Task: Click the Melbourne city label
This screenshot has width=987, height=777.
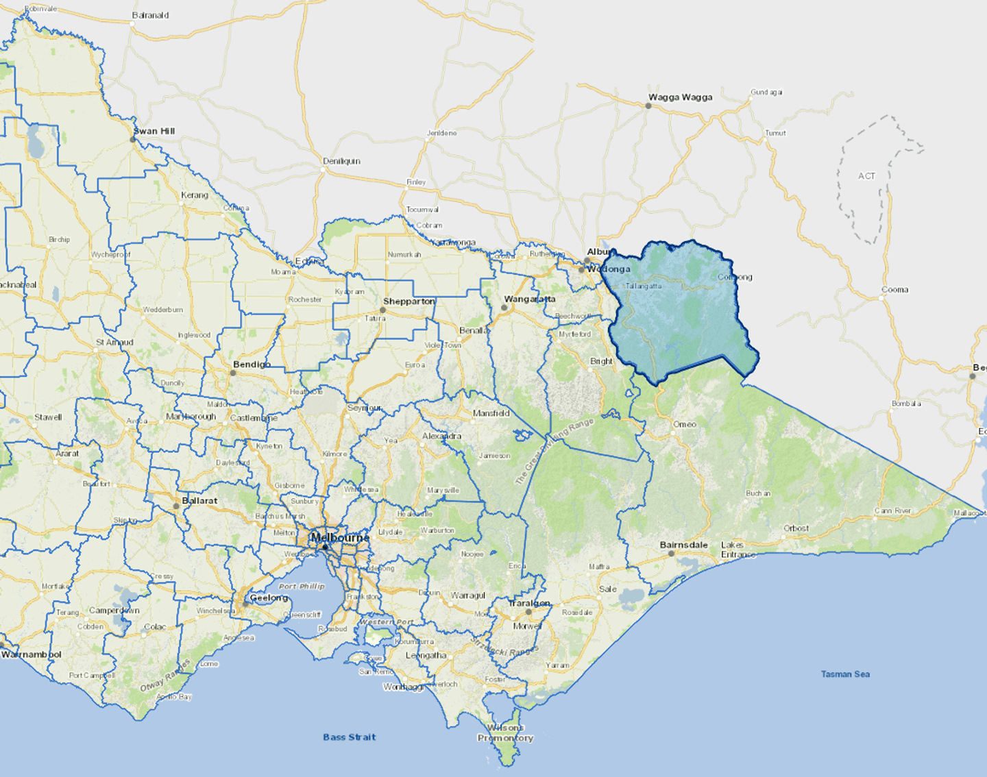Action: (340, 538)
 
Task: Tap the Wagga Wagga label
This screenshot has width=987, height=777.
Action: (681, 97)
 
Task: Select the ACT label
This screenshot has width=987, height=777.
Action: (866, 176)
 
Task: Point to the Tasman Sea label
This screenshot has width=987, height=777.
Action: (845, 674)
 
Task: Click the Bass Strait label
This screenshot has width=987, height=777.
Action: (350, 737)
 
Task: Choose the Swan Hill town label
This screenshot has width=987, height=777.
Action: (154, 131)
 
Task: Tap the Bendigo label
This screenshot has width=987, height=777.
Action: (252, 365)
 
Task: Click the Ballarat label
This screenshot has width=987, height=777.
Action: (199, 501)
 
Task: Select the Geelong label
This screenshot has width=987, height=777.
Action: (269, 598)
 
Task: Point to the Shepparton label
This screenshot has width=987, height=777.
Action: (409, 301)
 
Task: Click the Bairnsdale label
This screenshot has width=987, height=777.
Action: (683, 545)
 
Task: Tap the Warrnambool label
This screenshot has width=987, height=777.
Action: (32, 654)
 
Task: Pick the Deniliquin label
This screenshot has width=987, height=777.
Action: (341, 161)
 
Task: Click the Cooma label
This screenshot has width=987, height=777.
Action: (894, 290)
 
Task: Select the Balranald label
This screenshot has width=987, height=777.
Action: (150, 15)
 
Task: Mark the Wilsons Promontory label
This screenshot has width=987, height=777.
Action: (505, 732)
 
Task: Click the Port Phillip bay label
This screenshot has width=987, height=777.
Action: (302, 587)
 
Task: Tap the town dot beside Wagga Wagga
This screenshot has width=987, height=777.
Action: (648, 106)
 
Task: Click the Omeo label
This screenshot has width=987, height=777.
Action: (684, 425)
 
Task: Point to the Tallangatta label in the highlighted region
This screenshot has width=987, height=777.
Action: (644, 286)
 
